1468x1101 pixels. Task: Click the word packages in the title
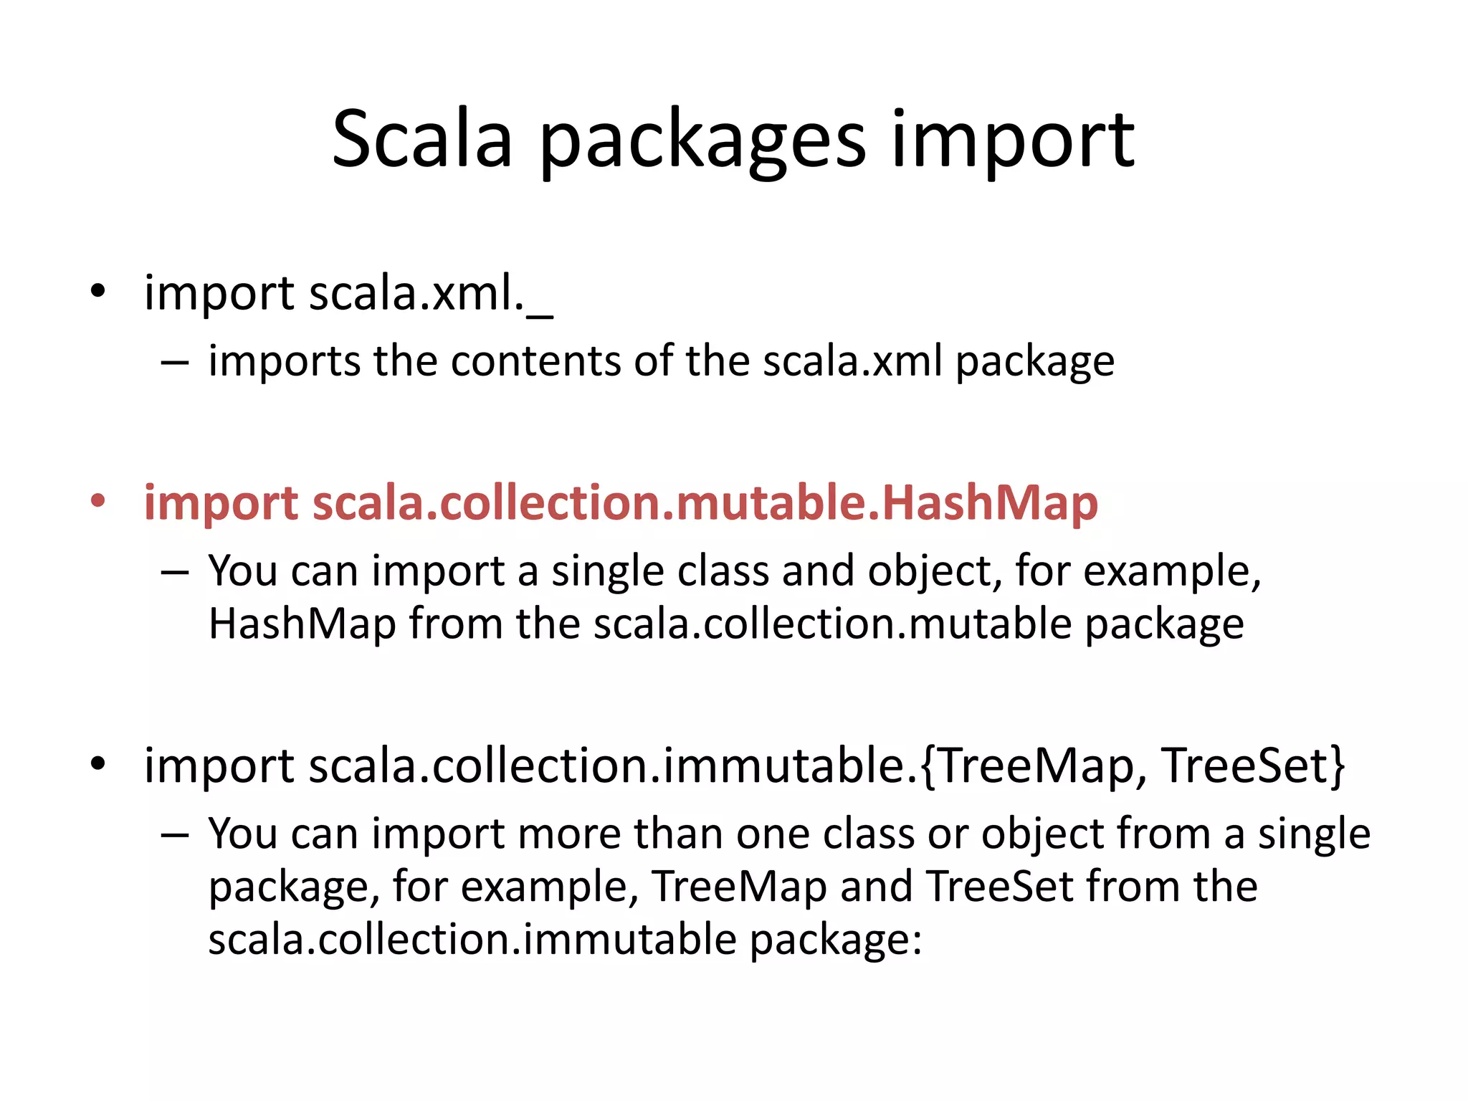[702, 143]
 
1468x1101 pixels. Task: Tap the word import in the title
[1012, 143]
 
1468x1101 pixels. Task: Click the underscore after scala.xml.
[539, 315]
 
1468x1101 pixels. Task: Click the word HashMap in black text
[302, 624]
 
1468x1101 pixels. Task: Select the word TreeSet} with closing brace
[1253, 765]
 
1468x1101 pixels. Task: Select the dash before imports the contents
[175, 363]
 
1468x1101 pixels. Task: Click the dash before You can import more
[175, 836]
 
